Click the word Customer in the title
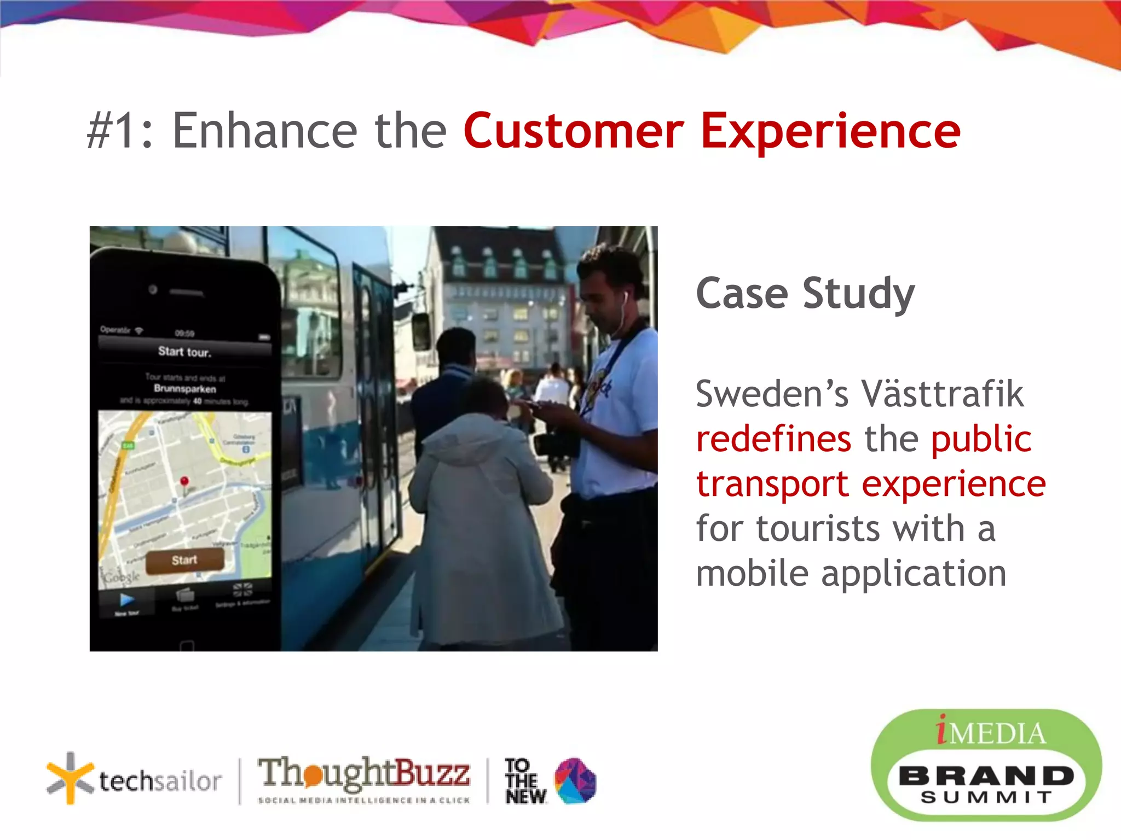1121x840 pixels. [574, 131]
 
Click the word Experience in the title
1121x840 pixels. [830, 131]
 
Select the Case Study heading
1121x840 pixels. [805, 294]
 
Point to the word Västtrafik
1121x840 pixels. [942, 394]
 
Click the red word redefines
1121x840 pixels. [773, 439]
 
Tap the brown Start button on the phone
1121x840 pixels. [184, 560]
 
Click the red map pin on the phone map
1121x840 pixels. [184, 482]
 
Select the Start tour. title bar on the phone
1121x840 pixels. [184, 352]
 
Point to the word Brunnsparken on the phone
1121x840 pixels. [185, 389]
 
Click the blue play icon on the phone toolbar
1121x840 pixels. [127, 600]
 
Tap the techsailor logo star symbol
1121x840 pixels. [70, 778]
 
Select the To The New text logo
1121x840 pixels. [524, 781]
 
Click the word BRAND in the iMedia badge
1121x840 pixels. [986, 775]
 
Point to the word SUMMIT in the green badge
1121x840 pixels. [986, 797]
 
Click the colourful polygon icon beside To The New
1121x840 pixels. [575, 780]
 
